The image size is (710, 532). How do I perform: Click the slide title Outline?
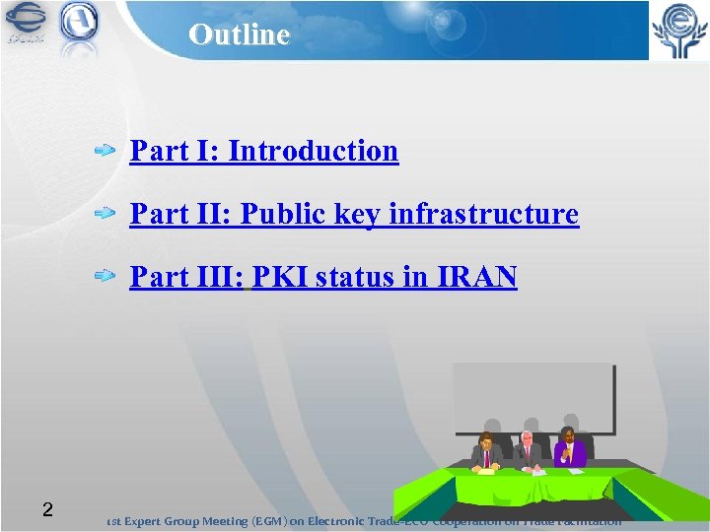pos(240,34)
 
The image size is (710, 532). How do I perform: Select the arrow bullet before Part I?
pos(106,152)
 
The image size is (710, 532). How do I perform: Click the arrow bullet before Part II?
pos(106,214)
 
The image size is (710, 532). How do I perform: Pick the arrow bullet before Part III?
pos(106,278)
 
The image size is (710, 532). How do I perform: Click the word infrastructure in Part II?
pos(483,214)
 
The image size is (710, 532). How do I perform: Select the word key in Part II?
pos(361,215)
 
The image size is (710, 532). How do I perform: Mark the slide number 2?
pos(46,509)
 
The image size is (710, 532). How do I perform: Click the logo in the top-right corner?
pos(676,31)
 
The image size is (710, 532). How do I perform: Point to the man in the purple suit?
pos(569,448)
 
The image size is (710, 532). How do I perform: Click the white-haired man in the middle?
pos(527,451)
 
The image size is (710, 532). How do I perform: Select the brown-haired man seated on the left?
pos(485,452)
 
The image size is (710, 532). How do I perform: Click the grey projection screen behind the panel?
pos(533,394)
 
